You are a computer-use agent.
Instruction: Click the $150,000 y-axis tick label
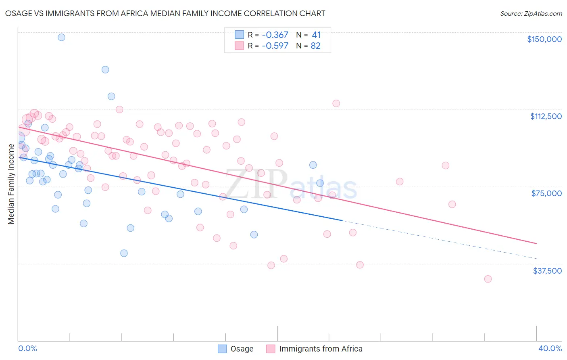click(544, 39)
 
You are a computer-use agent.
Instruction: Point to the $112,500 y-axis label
click(546, 116)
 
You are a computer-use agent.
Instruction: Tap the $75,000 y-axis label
click(546, 193)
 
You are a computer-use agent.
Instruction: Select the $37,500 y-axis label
click(547, 271)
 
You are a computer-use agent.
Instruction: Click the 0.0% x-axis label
click(27, 348)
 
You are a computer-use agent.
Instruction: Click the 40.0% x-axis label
click(550, 348)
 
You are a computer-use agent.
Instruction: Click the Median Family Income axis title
click(11, 184)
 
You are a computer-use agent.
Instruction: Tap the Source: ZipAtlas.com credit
click(531, 14)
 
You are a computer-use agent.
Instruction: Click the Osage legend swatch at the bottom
click(222, 349)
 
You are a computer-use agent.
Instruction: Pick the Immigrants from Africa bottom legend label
click(321, 349)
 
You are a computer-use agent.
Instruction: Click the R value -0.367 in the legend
click(275, 35)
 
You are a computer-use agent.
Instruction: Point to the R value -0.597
click(275, 46)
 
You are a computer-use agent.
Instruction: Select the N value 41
click(316, 35)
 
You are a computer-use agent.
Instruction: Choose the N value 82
click(316, 46)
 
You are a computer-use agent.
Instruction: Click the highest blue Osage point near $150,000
click(61, 37)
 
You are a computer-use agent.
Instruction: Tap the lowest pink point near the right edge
click(488, 279)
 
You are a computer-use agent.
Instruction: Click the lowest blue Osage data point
click(124, 253)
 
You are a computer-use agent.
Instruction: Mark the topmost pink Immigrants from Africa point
click(336, 103)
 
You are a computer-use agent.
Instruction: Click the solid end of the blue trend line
click(342, 220)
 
